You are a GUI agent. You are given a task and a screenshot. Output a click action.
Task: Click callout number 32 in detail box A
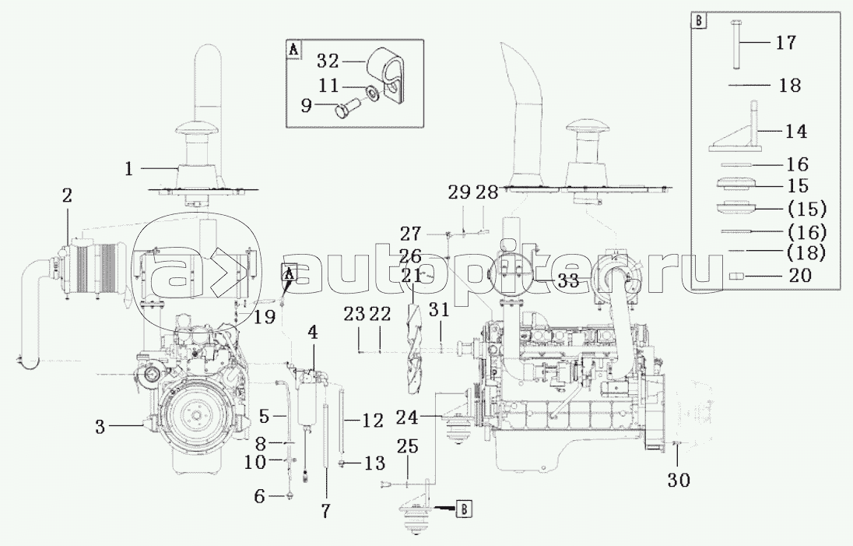pyautogui.click(x=328, y=61)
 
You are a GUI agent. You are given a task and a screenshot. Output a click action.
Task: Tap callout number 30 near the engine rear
pyautogui.click(x=679, y=480)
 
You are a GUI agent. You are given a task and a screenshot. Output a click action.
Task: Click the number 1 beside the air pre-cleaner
pyautogui.click(x=128, y=169)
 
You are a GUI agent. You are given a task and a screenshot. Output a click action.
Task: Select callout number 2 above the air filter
pyautogui.click(x=66, y=196)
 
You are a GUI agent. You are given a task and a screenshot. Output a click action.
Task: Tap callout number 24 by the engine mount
pyautogui.click(x=407, y=417)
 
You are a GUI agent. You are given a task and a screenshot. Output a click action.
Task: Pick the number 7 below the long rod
pyautogui.click(x=325, y=511)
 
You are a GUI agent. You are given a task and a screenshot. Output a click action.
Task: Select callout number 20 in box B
pyautogui.click(x=800, y=275)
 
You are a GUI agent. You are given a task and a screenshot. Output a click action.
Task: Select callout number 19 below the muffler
pyautogui.click(x=265, y=316)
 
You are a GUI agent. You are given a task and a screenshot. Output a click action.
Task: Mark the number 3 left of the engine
pyautogui.click(x=100, y=427)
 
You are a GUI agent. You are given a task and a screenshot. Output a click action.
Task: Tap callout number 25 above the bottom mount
pyautogui.click(x=407, y=446)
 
